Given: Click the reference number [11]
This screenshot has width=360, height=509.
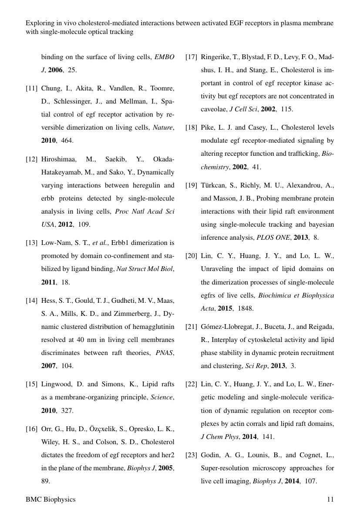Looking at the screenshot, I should [x=31, y=88].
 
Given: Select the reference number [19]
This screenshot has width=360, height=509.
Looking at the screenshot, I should [x=191, y=186].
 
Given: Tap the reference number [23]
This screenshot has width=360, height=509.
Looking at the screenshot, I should [x=191, y=455].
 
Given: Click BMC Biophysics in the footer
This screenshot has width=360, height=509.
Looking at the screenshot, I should [x=50, y=499].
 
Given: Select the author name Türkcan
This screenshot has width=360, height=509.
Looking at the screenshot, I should [x=214, y=186].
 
